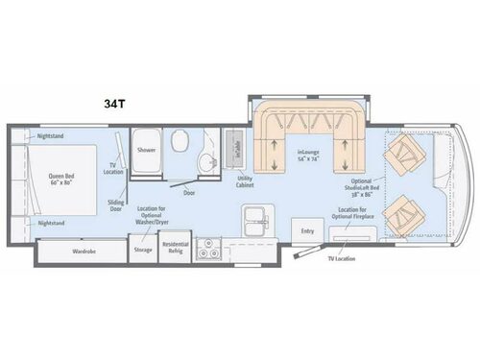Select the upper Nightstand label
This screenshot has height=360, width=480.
click(x=52, y=136)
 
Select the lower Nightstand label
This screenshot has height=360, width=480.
click(x=52, y=222)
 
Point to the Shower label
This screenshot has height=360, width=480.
click(x=146, y=151)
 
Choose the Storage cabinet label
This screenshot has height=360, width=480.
click(x=143, y=251)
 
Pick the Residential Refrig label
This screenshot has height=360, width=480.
click(x=174, y=252)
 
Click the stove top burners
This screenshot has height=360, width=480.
click(x=207, y=252)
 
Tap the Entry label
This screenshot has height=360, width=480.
click(x=307, y=231)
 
